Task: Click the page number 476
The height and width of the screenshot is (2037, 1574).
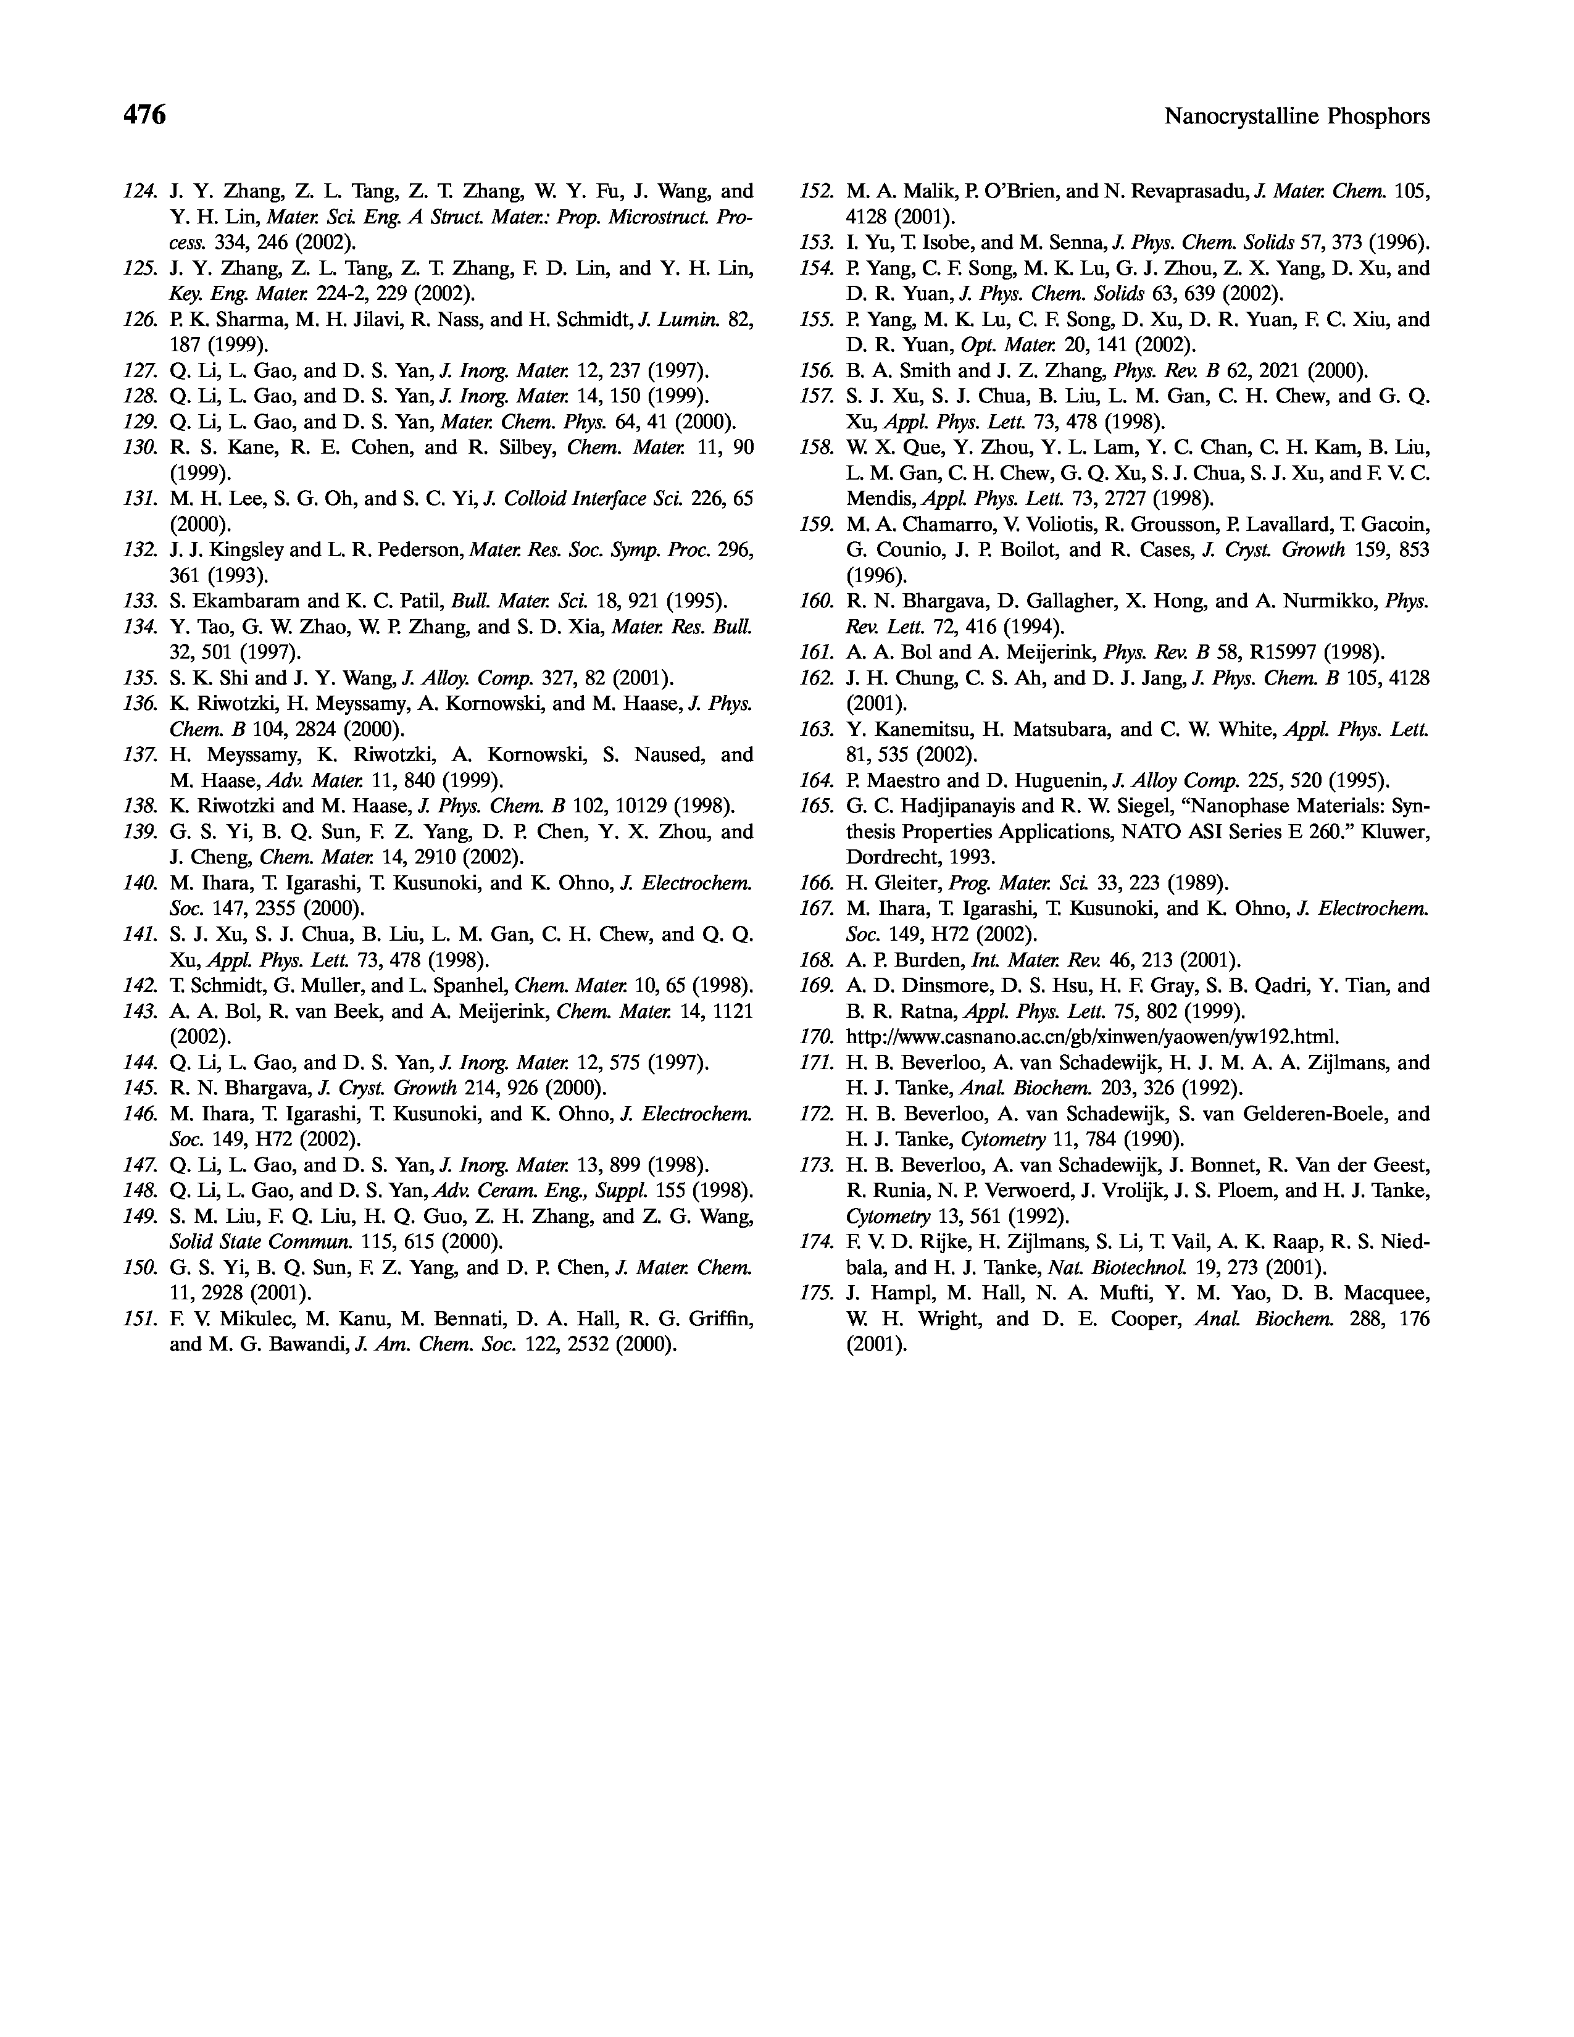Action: pyautogui.click(x=144, y=115)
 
